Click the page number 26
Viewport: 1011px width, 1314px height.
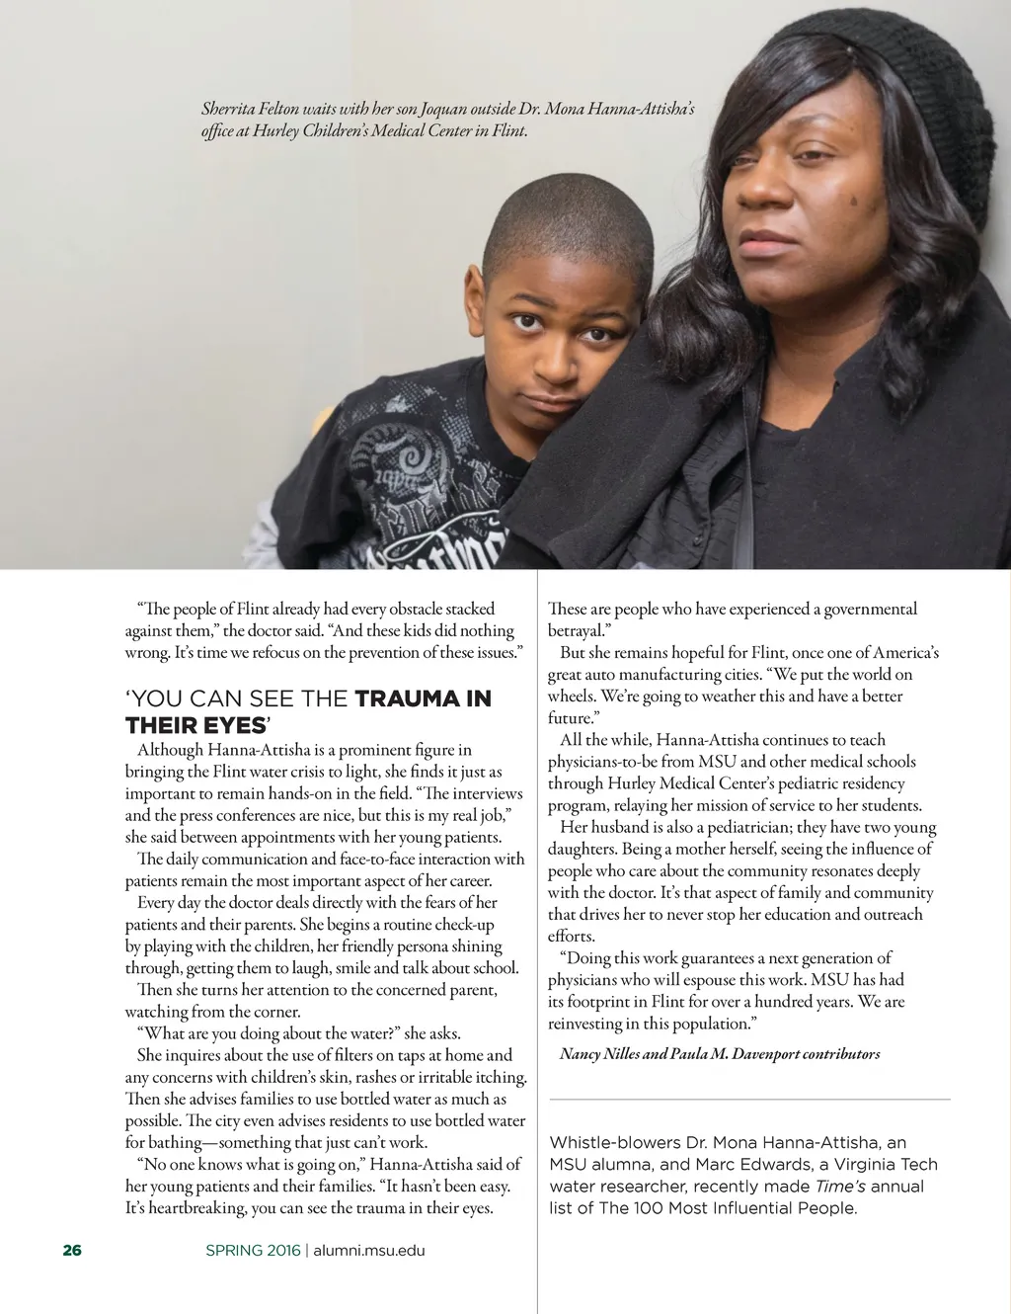[72, 1251]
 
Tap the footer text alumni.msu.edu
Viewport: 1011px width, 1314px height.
[369, 1251]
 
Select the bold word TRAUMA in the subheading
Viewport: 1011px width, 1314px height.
[409, 699]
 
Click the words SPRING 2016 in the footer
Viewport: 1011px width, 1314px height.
[253, 1251]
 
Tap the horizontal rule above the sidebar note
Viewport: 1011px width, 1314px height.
[749, 1099]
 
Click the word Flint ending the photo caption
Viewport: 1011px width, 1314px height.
[508, 130]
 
